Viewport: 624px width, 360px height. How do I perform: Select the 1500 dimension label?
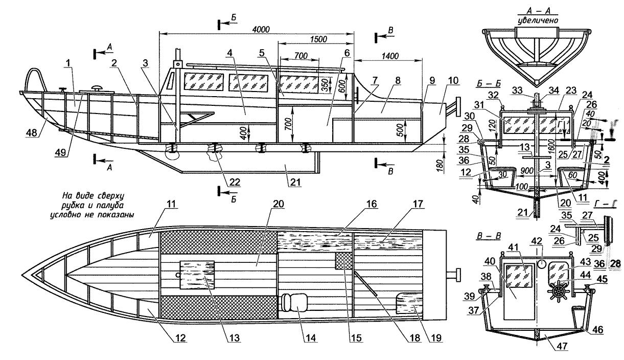pyautogui.click(x=318, y=39)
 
